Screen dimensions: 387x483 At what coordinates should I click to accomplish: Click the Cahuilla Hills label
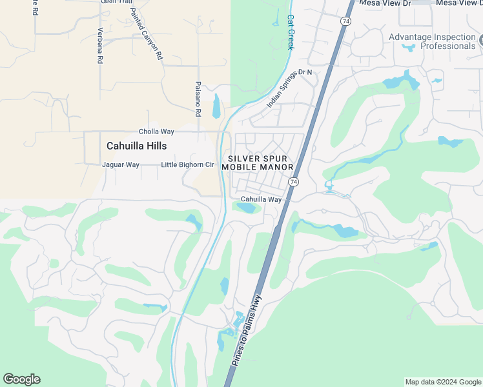[136, 146]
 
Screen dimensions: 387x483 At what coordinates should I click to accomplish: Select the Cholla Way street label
[156, 132]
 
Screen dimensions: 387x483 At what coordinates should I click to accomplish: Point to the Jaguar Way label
[121, 164]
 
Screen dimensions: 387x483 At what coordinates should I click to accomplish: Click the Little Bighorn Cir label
[187, 164]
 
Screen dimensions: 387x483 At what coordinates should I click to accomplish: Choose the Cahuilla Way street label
[261, 200]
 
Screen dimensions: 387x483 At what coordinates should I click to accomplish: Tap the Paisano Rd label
[198, 99]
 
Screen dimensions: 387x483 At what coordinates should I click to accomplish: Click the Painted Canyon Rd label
[146, 34]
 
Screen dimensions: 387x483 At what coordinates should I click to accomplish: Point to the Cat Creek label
[291, 33]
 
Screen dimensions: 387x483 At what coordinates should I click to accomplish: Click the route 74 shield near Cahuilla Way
[293, 183]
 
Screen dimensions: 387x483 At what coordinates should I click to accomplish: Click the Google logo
[21, 379]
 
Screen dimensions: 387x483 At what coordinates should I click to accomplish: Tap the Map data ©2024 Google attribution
[443, 382]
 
